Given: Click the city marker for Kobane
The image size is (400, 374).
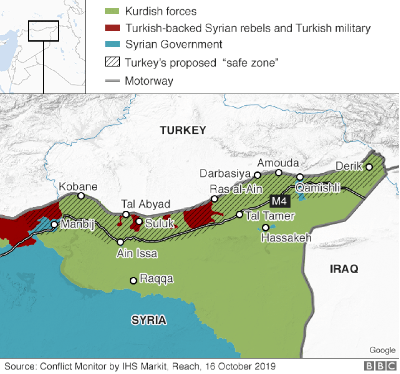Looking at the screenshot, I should point(81,196).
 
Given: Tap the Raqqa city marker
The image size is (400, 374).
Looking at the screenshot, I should point(133,280).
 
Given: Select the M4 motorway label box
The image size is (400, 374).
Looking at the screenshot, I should point(280,201).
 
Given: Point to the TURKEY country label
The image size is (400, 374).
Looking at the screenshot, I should point(183,130).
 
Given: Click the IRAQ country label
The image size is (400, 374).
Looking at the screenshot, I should point(344,269).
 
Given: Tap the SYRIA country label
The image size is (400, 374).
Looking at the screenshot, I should point(149,320).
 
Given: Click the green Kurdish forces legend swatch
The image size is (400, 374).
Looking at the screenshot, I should point(112,11).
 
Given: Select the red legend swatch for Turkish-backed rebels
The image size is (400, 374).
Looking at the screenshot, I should point(112,28).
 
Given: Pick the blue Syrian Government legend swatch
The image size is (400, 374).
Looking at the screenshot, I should point(112,44).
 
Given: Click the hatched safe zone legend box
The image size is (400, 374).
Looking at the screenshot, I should point(112,62).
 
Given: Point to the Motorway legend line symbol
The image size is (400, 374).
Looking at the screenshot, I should point(112,81).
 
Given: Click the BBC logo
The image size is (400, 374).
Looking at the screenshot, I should point(380,366).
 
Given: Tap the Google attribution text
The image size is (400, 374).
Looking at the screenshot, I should point(382,350).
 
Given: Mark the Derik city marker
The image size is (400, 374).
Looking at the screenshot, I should point(369,167).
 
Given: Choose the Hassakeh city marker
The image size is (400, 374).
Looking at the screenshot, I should point(266,227).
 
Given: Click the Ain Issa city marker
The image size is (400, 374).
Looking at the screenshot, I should point(120,242).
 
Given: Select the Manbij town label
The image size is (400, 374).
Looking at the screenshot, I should point(77,224).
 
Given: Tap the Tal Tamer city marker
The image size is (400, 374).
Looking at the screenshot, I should point(239,215).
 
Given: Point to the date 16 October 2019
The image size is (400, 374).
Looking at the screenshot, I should point(240,366).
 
